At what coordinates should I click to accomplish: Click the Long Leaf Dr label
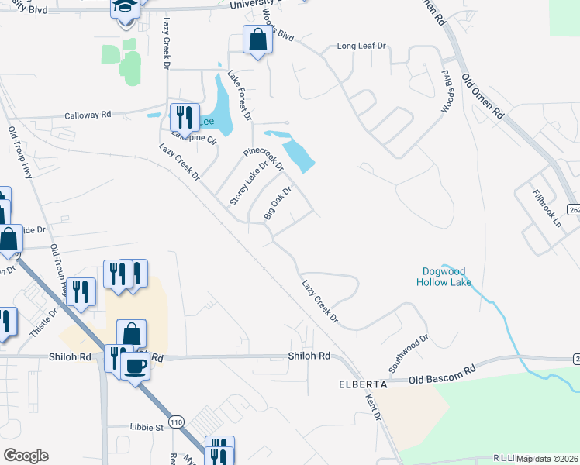click(x=361, y=46)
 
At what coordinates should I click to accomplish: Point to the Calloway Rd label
click(x=88, y=115)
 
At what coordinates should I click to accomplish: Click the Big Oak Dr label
click(x=278, y=203)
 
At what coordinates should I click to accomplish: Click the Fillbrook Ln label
click(x=547, y=205)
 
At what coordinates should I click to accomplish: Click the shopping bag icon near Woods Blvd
click(x=256, y=39)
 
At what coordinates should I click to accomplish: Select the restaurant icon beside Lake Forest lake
click(x=184, y=117)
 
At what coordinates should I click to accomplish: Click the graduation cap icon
click(x=124, y=9)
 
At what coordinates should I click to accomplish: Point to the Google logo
click(x=26, y=456)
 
